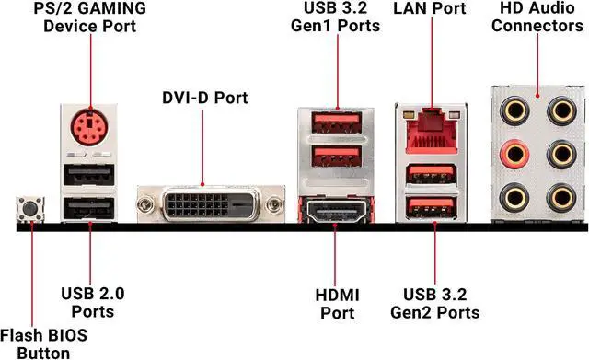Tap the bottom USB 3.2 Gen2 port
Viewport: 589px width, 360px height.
point(428,207)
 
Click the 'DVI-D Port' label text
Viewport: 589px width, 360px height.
point(205,97)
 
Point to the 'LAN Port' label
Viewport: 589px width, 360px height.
point(429,9)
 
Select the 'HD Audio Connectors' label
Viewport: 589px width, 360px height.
point(537,17)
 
